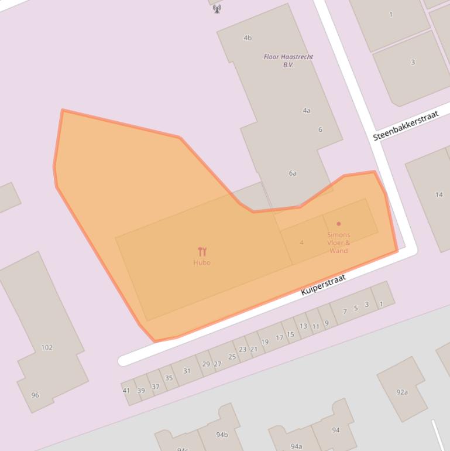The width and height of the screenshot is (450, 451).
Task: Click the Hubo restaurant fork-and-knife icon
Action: (202, 252)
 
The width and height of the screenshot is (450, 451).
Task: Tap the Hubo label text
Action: (202, 262)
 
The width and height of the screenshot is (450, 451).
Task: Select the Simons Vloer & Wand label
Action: (339, 242)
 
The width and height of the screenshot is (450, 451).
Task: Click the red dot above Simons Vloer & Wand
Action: (339, 224)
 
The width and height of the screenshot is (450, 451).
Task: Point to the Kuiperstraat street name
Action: (323, 284)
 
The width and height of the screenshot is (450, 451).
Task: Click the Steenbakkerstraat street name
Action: (406, 126)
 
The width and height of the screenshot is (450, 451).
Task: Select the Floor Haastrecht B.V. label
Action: (288, 60)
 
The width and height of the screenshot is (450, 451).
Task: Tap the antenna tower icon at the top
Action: (217, 8)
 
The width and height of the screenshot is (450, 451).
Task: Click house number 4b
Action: (248, 38)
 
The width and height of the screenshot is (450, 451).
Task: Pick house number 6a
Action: (293, 173)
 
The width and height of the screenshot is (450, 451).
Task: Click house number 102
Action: (47, 347)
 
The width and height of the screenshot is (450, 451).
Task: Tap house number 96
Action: (35, 395)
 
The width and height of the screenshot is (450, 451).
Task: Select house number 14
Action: (439, 194)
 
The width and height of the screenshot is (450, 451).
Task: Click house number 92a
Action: (402, 392)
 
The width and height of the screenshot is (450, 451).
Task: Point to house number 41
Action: (126, 390)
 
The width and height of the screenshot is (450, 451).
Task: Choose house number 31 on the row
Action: (187, 371)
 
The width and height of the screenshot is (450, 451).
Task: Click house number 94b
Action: (222, 435)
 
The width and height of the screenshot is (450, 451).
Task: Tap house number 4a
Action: (307, 110)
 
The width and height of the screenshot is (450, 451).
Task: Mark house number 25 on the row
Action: (232, 357)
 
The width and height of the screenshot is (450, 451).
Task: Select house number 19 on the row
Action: (264, 342)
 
